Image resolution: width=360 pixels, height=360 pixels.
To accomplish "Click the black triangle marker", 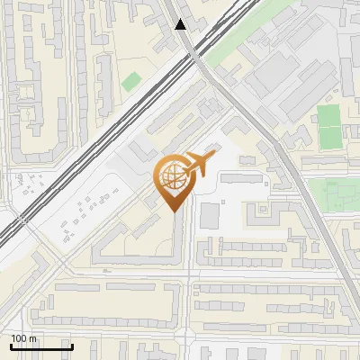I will point(182,24).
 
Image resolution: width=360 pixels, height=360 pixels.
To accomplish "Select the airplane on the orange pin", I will point(199,165).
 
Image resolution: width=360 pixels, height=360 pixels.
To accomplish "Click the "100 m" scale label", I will point(24,338).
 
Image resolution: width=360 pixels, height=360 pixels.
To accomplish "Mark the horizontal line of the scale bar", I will point(41,346).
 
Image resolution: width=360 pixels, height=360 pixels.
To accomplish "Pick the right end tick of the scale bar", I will point(72,345).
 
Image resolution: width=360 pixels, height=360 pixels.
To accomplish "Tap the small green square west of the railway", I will point(131,81).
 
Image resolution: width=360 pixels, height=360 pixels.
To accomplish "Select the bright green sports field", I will point(329,127).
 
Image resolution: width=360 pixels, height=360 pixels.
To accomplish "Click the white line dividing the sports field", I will point(329,127).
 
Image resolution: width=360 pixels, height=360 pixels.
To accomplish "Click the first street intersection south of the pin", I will point(188,271).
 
